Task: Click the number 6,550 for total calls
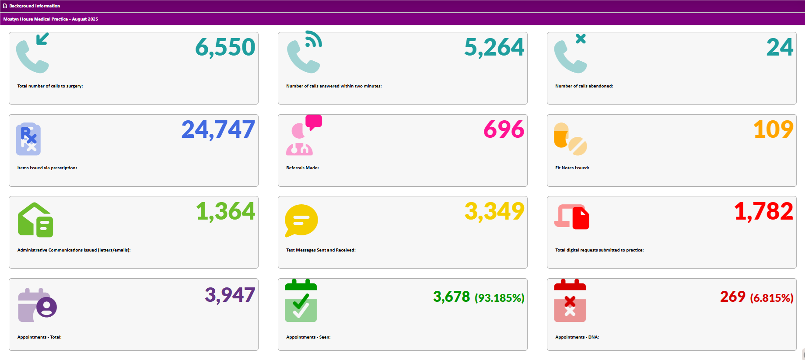click(x=225, y=47)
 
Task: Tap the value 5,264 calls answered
click(x=494, y=47)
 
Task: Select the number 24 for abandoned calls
click(x=780, y=47)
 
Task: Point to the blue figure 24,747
click(x=218, y=129)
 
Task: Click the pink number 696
click(x=504, y=129)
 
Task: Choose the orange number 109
click(x=773, y=129)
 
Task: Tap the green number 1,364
click(x=225, y=211)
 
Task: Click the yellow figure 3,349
click(x=494, y=211)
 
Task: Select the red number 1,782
click(x=763, y=211)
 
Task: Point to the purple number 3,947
click(x=230, y=295)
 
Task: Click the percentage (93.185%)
click(x=499, y=298)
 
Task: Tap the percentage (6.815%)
click(x=771, y=298)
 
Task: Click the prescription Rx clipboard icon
click(x=28, y=139)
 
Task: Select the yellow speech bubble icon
click(x=301, y=220)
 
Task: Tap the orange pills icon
click(x=570, y=139)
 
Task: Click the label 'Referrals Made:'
click(x=302, y=168)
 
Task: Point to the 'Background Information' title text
click(x=35, y=6)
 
